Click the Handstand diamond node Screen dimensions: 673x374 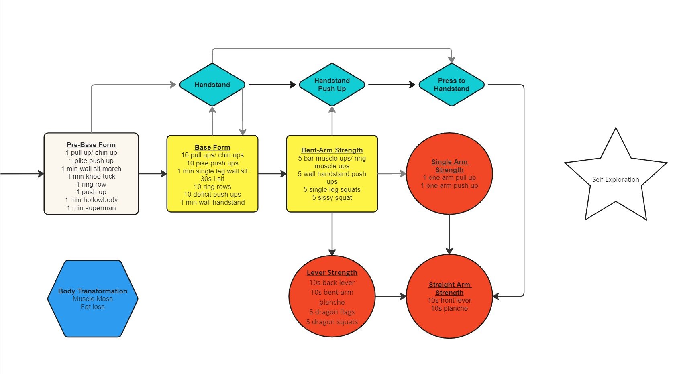pyautogui.click(x=212, y=85)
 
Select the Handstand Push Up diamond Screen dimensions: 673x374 pyautogui.click(x=332, y=85)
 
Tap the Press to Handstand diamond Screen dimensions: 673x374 pyautogui.click(x=452, y=85)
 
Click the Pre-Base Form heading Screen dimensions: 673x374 pyautogui.click(x=91, y=145)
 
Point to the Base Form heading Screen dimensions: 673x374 pyautogui.click(x=212, y=147)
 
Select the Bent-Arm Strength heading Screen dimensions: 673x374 pyautogui.click(x=332, y=150)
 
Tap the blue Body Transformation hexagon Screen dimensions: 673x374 pyautogui.click(x=93, y=299)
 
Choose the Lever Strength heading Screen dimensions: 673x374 pyautogui.click(x=332, y=272)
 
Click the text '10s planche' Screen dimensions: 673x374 pyautogui.click(x=449, y=308)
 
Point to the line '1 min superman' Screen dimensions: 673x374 pyautogui.click(x=91, y=208)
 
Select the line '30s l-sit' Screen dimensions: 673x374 pyautogui.click(x=212, y=179)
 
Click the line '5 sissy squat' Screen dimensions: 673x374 pyautogui.click(x=332, y=197)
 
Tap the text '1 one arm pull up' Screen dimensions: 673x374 pyautogui.click(x=449, y=178)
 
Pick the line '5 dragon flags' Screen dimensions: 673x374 pyautogui.click(x=332, y=312)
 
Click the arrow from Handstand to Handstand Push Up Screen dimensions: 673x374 pyautogui.click(x=272, y=85)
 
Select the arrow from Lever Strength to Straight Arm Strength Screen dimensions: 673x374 pyautogui.click(x=391, y=296)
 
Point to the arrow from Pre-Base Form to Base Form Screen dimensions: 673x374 pyautogui.click(x=153, y=173)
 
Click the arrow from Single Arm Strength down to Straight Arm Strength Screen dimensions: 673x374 pyautogui.click(x=449, y=234)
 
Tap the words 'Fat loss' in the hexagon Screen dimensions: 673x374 pyautogui.click(x=92, y=307)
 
